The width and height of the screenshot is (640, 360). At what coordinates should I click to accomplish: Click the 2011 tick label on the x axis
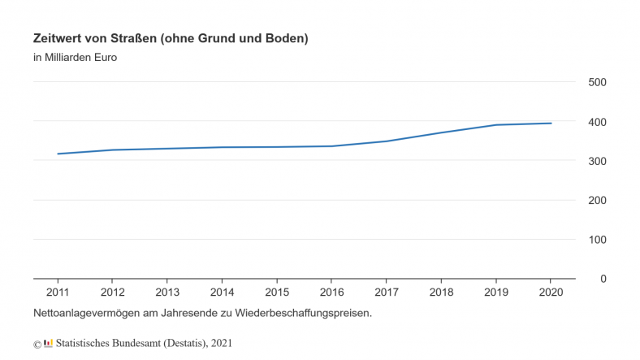coord(58,293)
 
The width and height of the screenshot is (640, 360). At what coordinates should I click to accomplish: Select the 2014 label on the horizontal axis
coord(222,293)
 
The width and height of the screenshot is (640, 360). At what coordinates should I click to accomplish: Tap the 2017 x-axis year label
coord(386,293)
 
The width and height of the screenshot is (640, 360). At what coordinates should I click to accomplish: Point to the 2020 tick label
coord(551,293)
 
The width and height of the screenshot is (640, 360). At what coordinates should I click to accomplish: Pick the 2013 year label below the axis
coord(167,293)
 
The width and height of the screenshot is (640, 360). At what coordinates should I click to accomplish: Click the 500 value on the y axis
coord(597,82)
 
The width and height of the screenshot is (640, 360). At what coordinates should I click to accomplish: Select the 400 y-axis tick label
coord(597,122)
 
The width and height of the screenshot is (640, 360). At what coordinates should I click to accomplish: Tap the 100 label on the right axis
coord(597,240)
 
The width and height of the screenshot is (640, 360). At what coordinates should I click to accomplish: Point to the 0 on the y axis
coord(603,279)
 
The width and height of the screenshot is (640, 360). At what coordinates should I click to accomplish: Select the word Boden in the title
coord(288,38)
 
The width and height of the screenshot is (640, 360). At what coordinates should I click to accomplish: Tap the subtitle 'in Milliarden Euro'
coord(76,58)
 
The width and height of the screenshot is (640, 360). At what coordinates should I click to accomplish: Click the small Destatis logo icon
coord(49,343)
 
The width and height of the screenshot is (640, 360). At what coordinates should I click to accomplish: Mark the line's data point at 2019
coord(495,125)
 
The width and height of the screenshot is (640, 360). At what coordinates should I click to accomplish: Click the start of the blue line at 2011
coord(58,154)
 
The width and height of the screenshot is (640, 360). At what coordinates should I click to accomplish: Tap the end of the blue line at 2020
coord(551,124)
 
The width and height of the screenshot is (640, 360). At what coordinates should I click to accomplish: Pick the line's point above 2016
coord(331,146)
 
